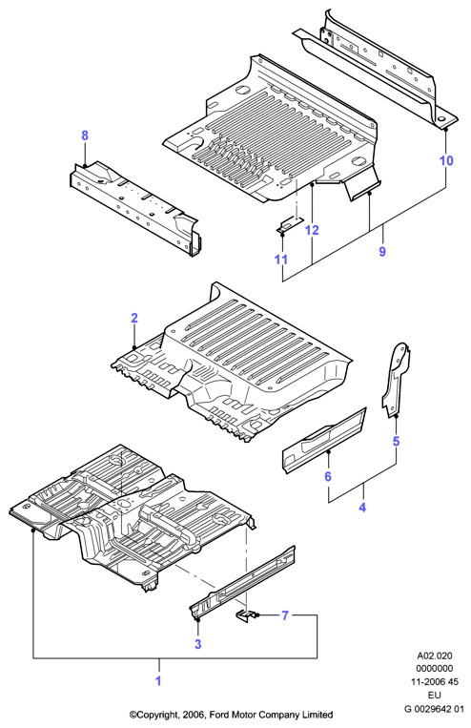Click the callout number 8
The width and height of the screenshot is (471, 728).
[x=85, y=135]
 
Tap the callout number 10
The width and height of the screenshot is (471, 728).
[x=446, y=160]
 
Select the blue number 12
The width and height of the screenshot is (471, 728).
[x=313, y=230]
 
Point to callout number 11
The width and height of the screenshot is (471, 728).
[x=281, y=260]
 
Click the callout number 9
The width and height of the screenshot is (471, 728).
[x=382, y=251]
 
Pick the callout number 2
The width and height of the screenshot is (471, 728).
[x=134, y=318]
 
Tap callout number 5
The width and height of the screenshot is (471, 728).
[x=396, y=441]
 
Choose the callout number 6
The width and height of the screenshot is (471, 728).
[x=328, y=476]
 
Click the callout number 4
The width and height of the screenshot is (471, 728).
[x=362, y=508]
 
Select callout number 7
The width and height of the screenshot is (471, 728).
[x=285, y=615]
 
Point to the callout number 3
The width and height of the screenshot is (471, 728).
[x=198, y=644]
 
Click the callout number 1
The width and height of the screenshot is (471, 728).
[x=158, y=681]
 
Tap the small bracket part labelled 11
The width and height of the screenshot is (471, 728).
[x=290, y=225]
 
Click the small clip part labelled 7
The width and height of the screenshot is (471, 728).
[x=244, y=616]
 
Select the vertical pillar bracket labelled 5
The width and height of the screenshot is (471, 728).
[x=396, y=379]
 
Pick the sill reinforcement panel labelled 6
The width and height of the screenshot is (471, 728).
[x=324, y=440]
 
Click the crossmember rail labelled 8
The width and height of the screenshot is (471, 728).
[x=135, y=207]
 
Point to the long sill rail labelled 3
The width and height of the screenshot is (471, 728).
[x=242, y=582]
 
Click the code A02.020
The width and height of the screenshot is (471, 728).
[x=435, y=656]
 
